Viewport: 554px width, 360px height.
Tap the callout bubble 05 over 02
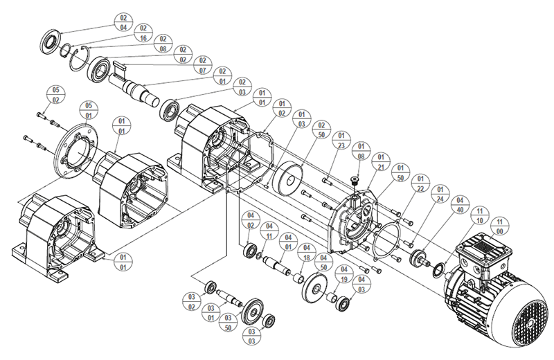(x=56, y=94)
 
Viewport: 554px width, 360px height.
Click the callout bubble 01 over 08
(x=361, y=151)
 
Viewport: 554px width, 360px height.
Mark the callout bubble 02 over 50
(x=321, y=130)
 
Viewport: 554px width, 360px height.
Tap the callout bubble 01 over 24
(x=438, y=193)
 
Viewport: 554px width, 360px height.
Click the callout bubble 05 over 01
(x=88, y=111)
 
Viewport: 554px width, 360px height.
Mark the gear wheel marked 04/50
(x=315, y=287)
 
